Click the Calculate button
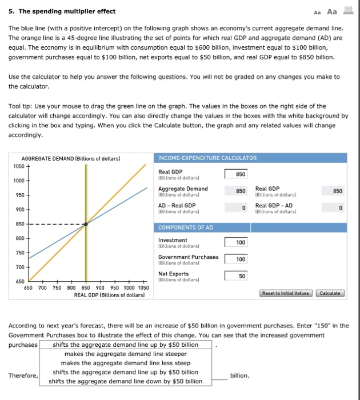pos(330,293)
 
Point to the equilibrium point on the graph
pos(86,224)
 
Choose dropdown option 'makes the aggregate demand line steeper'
pos(125,354)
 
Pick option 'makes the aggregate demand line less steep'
pos(125,363)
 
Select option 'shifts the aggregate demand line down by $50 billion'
pos(125,381)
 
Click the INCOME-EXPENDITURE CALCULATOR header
pos(207,158)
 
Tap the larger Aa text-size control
pos(332,12)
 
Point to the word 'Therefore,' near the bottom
pos(23,375)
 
